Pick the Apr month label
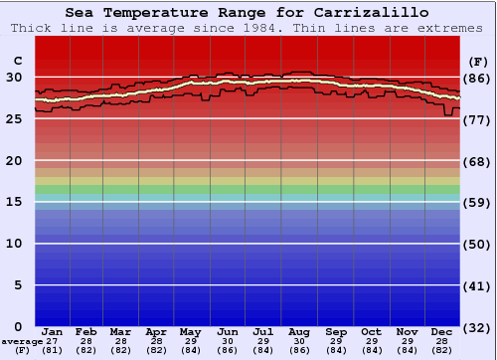pyautogui.click(x=156, y=331)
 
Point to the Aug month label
pyautogui.click(x=298, y=331)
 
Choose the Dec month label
pyautogui.click(x=442, y=331)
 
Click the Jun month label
pyautogui.click(x=227, y=331)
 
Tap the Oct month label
pyautogui.click(x=370, y=331)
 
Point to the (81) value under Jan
pyautogui.click(x=52, y=350)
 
